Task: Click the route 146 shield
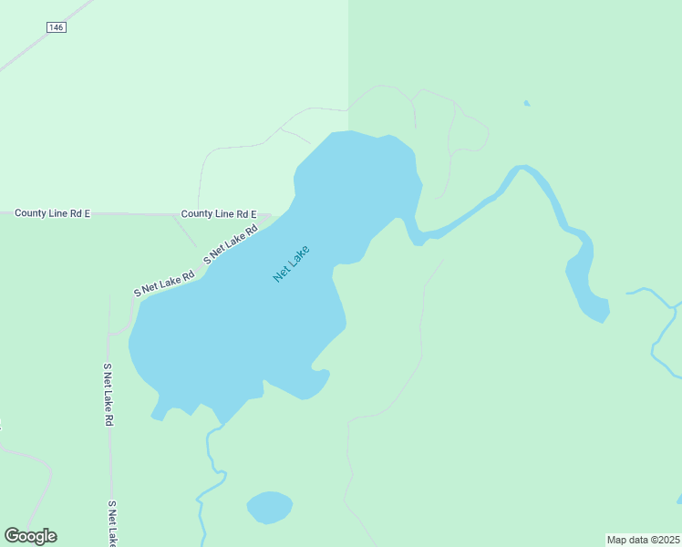coord(57,28)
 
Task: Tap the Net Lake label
coord(292,263)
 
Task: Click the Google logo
coord(30,536)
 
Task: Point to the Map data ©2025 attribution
coord(643,539)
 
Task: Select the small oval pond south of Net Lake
coord(269,507)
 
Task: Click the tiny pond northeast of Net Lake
coord(527,103)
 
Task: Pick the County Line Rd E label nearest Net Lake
coord(219,214)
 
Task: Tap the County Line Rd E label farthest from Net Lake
coord(52,213)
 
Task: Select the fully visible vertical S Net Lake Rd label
coord(108,395)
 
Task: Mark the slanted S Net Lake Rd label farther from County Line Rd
coord(164,282)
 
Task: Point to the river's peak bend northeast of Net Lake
coord(521,168)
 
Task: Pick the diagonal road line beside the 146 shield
coord(27,54)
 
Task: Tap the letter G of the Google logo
coord(12,536)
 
